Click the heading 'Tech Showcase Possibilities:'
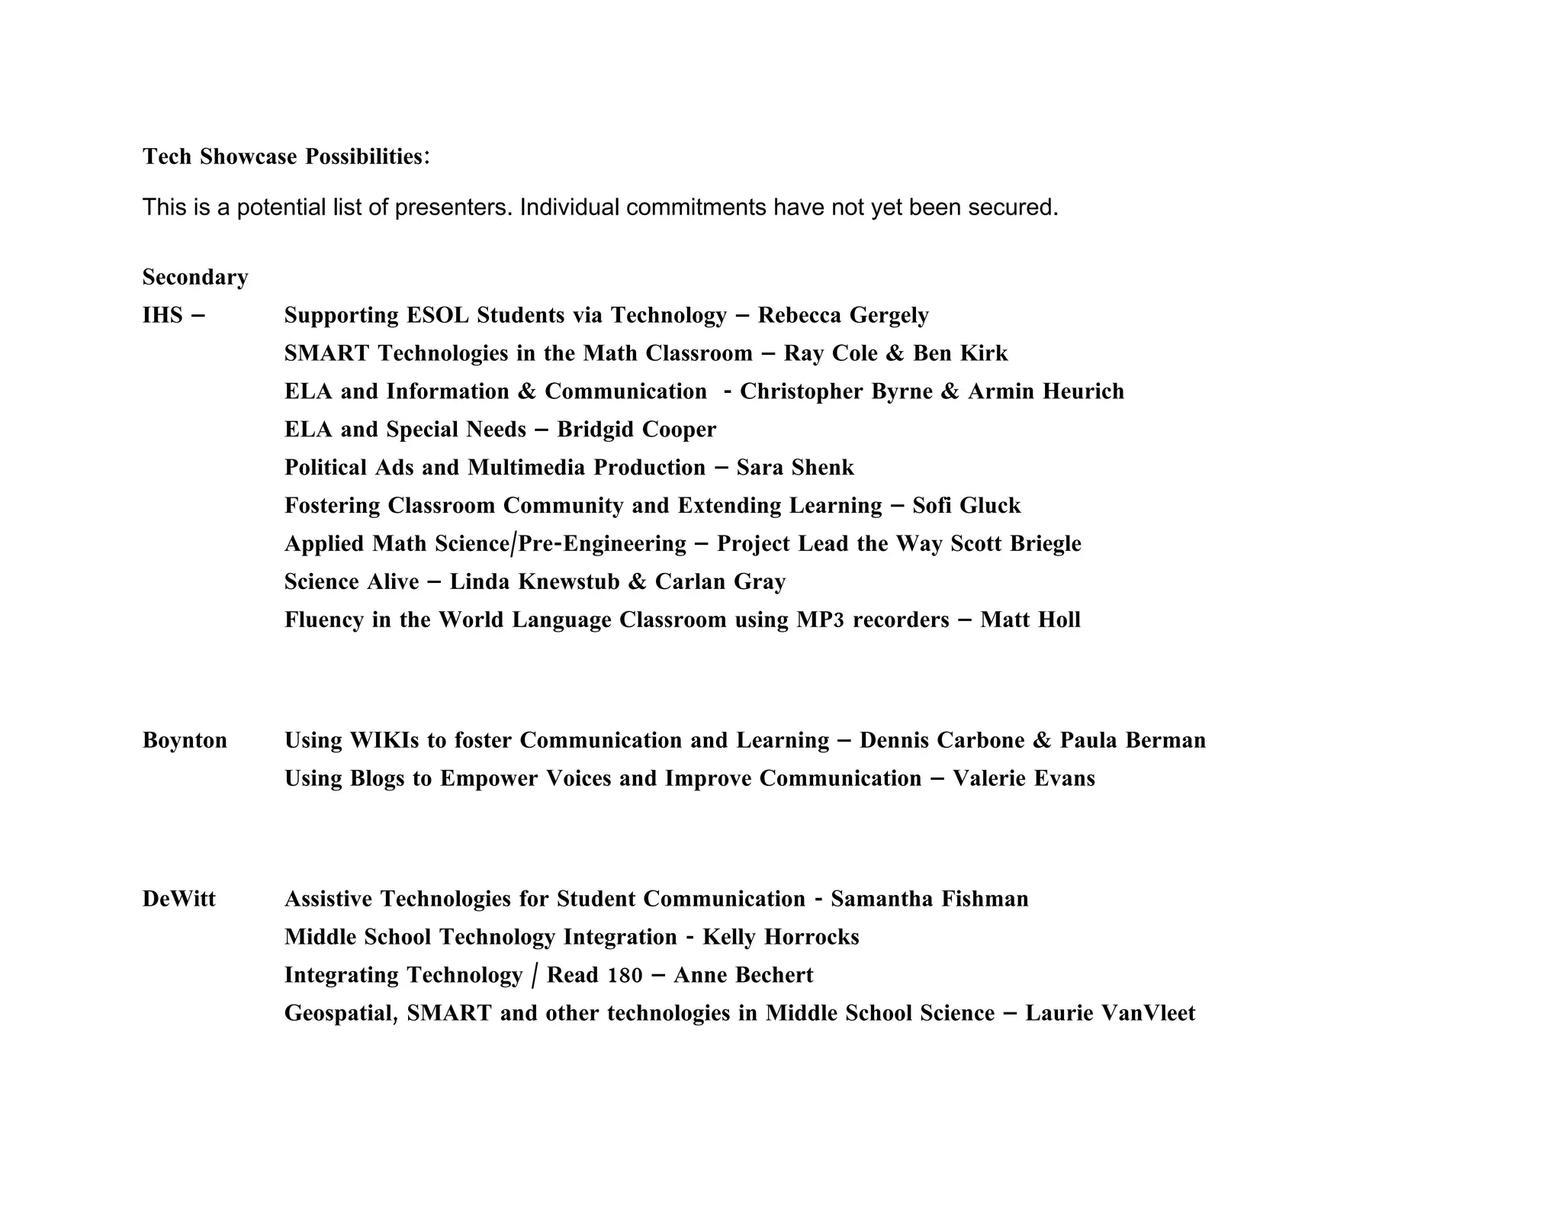286,156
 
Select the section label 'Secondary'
195,277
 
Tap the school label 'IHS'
162,315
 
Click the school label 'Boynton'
185,740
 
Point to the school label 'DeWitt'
179,899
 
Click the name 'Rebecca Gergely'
843,315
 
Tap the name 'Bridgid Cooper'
636,430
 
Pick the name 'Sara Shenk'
795,468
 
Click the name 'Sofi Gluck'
966,506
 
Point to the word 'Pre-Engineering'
603,544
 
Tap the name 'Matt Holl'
1030,620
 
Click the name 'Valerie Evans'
1024,778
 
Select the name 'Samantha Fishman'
929,899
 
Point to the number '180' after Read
625,975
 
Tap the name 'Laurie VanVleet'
1110,1013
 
